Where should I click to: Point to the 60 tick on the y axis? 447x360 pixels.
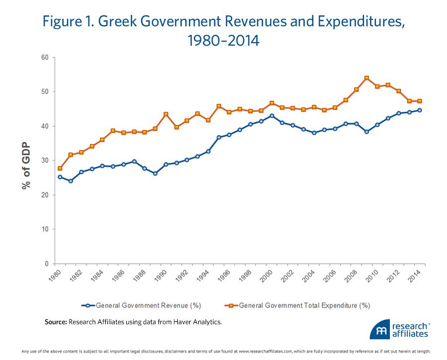[45, 58]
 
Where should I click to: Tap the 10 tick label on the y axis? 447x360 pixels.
[45, 229]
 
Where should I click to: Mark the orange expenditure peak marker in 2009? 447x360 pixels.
[367, 78]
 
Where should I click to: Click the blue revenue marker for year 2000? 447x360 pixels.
[271, 116]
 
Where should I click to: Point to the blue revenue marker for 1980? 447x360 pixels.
[60, 177]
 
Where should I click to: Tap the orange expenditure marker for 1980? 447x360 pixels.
[60, 168]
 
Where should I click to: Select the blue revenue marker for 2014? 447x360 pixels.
[420, 110]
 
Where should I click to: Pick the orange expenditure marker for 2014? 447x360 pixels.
[420, 101]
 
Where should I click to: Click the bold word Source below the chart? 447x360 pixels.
[56, 322]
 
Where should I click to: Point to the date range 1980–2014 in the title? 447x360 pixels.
[223, 40]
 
